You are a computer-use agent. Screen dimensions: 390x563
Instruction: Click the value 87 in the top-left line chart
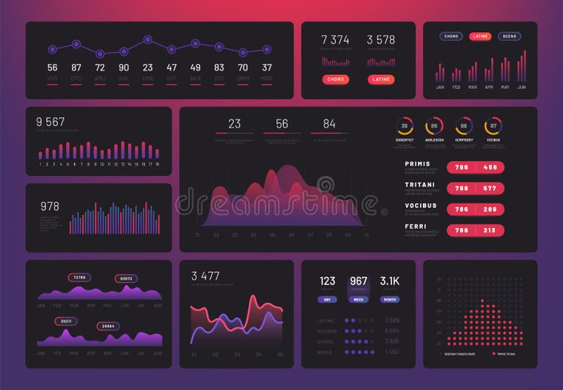pos(76,67)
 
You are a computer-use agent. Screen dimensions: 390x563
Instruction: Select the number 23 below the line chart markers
pos(147,67)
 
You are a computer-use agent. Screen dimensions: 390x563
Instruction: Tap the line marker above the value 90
pos(124,49)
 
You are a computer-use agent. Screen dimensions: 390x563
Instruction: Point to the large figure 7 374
pos(335,40)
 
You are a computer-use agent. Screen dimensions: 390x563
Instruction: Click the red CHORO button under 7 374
pos(335,79)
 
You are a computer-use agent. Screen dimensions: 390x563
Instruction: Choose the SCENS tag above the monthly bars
pos(509,36)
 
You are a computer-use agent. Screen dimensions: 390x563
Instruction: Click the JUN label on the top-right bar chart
pos(522,87)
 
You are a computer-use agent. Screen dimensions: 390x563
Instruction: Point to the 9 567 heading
pos(51,122)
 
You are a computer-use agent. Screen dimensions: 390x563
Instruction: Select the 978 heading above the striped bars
pos(50,206)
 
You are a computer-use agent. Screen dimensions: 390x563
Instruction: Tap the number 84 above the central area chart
pos(329,124)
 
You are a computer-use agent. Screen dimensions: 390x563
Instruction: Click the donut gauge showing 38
pos(404,125)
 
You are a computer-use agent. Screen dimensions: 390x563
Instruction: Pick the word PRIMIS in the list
pos(418,164)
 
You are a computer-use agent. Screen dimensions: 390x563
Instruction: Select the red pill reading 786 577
pos(476,188)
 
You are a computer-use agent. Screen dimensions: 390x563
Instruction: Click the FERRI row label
pos(416,227)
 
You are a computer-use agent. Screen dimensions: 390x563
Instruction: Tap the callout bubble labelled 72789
pos(79,278)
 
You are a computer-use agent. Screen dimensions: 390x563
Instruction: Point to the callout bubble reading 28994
pos(107,325)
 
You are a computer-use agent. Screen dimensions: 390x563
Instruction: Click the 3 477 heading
pos(205,276)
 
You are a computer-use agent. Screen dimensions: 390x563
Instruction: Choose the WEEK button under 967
pos(358,299)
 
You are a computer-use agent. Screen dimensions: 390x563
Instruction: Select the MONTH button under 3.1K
pos(389,299)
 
